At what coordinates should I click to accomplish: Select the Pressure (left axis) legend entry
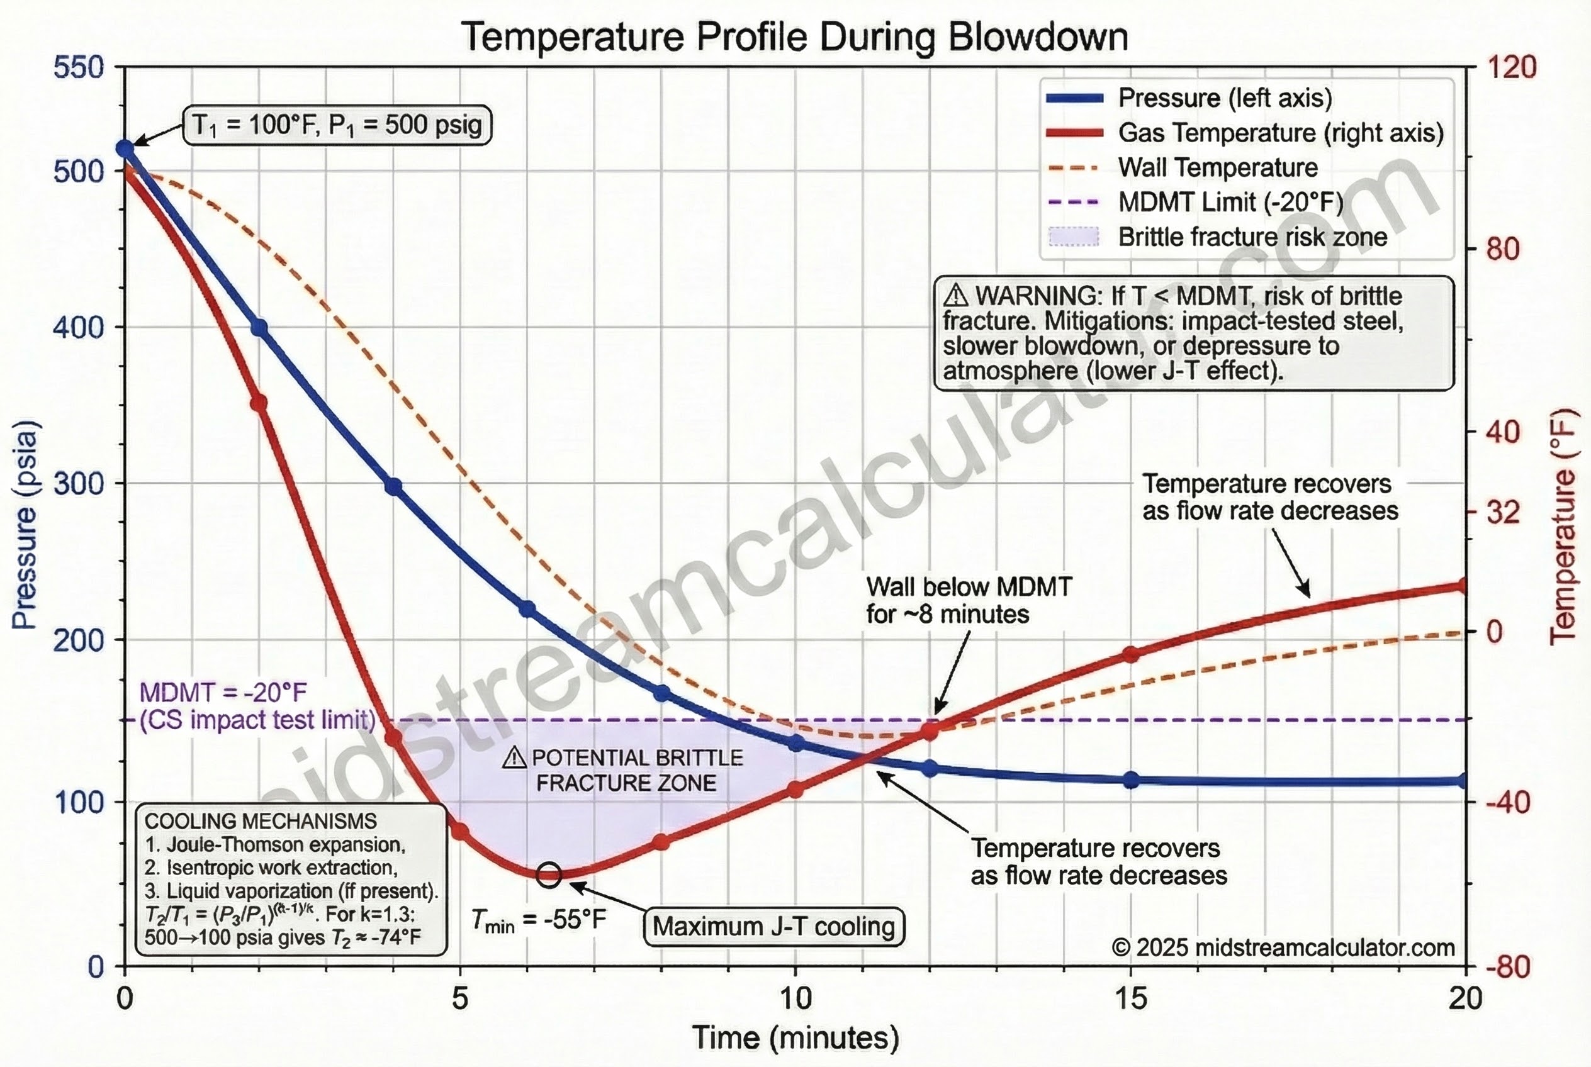coord(1224,98)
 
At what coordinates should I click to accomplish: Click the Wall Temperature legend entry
coord(1217,167)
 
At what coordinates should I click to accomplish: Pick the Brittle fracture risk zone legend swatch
coord(1074,237)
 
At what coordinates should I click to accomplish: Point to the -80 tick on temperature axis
coord(1507,966)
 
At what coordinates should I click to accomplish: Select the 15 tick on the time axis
coord(1131,998)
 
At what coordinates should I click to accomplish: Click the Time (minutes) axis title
coord(795,1037)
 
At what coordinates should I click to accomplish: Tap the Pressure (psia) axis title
coord(25,524)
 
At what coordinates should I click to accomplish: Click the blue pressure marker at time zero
coord(125,148)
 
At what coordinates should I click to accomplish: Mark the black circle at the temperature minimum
coord(549,874)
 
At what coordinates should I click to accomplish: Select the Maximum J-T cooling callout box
coord(773,926)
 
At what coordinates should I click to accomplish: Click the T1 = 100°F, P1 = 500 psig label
coord(337,125)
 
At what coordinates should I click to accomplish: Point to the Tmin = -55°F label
coord(539,920)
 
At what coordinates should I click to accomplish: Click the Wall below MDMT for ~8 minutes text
coord(968,600)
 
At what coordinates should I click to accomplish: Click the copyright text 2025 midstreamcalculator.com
coord(1283,947)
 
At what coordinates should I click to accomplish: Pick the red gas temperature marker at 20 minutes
coord(1464,586)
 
